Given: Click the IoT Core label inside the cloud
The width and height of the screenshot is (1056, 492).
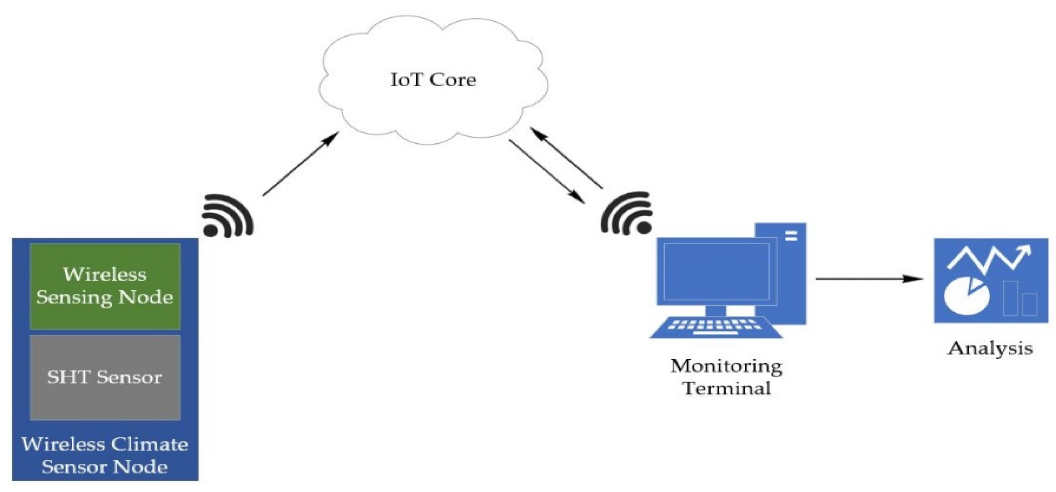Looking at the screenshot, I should pos(433,80).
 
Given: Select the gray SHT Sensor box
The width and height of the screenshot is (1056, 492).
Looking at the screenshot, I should pos(105,377).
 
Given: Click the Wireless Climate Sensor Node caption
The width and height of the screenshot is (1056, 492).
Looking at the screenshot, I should pos(105,456).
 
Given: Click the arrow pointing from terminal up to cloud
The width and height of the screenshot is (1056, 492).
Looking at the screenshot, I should pos(566,158).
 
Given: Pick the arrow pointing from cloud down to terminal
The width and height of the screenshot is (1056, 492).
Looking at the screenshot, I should pos(547,171).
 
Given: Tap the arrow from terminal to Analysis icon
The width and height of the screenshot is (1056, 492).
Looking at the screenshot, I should pos(869,279).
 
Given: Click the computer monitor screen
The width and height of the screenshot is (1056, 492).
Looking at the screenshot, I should pos(716,272).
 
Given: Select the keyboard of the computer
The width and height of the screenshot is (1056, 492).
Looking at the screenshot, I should pos(716,327).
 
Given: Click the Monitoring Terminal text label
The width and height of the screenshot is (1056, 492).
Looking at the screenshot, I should pos(726,377).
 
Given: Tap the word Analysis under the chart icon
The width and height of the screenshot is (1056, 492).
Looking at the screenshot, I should pos(990,348).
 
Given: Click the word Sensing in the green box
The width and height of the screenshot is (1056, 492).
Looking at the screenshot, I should pos(74,297).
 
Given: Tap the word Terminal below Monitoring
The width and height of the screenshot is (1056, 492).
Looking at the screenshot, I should pos(726,388).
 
